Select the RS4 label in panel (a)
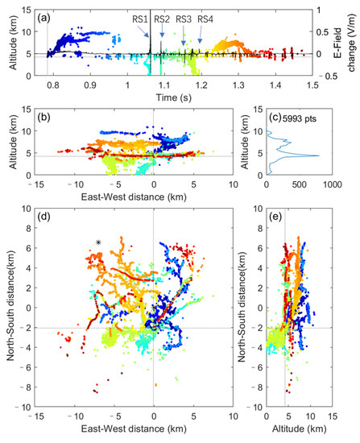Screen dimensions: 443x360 (x=205, y=18)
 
